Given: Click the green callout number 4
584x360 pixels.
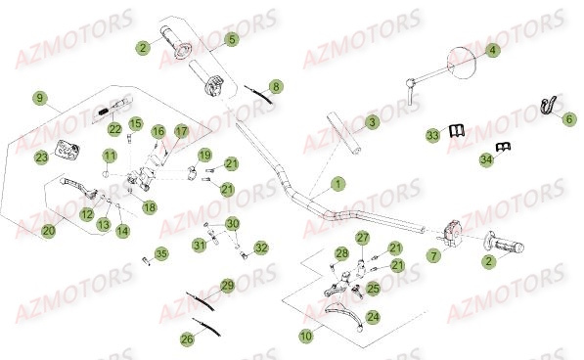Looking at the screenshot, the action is [x=492, y=50].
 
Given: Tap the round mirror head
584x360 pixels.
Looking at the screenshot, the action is [x=462, y=63].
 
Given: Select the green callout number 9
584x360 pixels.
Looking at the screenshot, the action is [x=39, y=98].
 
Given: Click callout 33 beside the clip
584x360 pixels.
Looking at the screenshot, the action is [x=432, y=135].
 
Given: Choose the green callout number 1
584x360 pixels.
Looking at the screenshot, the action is [x=337, y=184].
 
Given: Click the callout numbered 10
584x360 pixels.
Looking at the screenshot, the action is [x=306, y=336].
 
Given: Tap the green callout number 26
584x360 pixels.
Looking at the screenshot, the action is [x=187, y=338].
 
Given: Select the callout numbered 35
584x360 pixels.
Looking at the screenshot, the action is [x=161, y=254].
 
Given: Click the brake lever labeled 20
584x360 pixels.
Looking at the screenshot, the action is [x=78, y=186].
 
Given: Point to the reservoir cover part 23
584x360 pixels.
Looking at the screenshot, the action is [x=67, y=150].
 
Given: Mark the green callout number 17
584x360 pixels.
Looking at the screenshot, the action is [x=181, y=131].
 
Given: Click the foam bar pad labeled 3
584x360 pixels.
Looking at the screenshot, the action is [x=343, y=133].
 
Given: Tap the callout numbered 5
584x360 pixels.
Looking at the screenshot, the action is [x=231, y=39].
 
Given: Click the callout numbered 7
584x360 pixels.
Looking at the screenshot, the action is [x=433, y=255].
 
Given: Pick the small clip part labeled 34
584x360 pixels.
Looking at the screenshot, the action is [x=503, y=147].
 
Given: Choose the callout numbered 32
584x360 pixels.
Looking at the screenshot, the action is [x=261, y=247].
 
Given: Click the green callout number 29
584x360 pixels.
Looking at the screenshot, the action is [x=227, y=286].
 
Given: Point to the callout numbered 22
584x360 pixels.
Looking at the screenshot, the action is [x=114, y=129].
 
